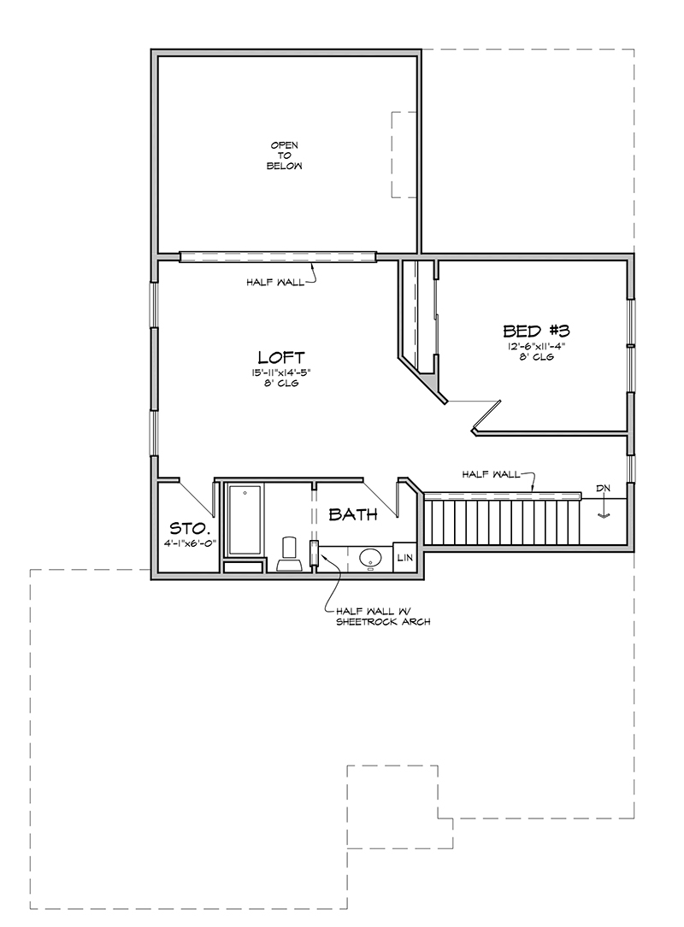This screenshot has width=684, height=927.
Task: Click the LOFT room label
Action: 281,357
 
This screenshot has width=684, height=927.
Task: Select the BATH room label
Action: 352,514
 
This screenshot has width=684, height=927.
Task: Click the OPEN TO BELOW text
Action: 284,155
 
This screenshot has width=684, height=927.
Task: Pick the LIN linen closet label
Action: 404,558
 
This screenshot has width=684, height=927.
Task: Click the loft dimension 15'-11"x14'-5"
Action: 280,373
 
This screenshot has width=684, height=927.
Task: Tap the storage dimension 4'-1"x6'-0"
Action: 189,543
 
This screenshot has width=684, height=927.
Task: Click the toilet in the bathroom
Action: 289,554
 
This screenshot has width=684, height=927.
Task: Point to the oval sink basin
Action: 370,557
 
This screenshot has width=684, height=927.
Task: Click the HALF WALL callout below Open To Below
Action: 275,283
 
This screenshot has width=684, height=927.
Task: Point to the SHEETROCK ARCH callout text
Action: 383,622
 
